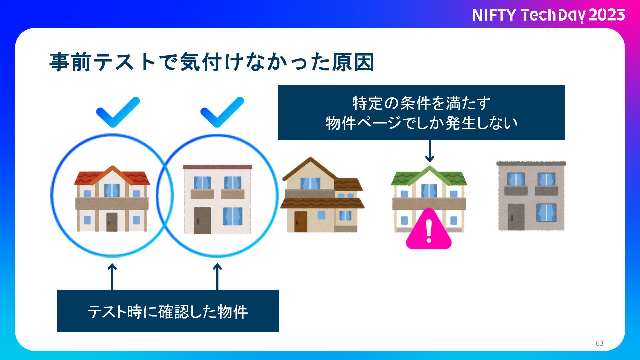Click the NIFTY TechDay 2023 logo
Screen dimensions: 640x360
click(x=548, y=15)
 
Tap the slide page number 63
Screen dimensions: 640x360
click(x=599, y=343)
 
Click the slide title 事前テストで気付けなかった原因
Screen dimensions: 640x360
click(x=211, y=62)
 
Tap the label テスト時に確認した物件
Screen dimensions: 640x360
click(x=168, y=311)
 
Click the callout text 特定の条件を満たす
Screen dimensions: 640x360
click(x=421, y=103)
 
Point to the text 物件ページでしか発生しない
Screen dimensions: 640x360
click(x=421, y=123)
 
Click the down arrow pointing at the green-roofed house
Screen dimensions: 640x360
click(x=430, y=151)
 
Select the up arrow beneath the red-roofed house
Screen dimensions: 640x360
click(x=112, y=276)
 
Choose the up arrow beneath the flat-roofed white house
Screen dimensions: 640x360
click(x=217, y=276)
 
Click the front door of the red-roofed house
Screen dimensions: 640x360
click(x=112, y=222)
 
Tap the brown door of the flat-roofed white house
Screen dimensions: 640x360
click(x=202, y=220)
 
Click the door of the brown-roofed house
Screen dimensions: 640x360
click(x=301, y=221)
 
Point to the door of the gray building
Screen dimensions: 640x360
click(x=516, y=217)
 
